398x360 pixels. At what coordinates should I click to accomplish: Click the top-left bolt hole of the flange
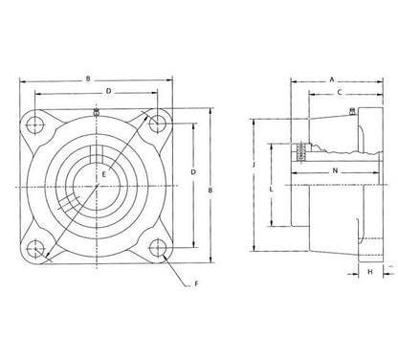[35, 124]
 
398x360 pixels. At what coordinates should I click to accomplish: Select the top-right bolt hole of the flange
[158, 124]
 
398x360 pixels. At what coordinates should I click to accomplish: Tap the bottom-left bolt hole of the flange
[35, 249]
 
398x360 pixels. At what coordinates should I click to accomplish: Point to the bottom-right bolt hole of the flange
[158, 248]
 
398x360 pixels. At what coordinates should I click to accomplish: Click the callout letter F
[197, 283]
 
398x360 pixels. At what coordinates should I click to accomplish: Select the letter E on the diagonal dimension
[103, 174]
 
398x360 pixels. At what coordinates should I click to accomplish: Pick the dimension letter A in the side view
[332, 79]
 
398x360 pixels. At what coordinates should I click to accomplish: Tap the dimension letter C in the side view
[340, 93]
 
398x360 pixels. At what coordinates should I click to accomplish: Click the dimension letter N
[335, 171]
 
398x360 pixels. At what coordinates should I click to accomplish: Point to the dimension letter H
[370, 272]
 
